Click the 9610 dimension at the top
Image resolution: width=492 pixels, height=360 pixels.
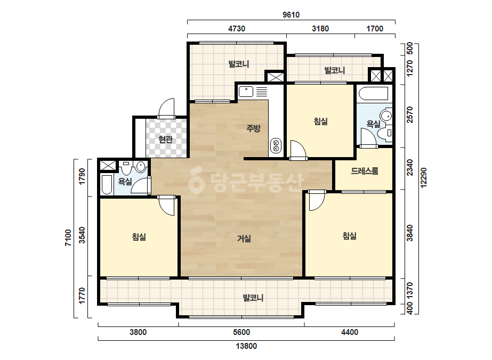point(291,15)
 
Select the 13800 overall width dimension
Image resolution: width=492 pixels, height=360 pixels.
point(246,346)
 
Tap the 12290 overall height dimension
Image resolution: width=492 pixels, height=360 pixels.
point(424,178)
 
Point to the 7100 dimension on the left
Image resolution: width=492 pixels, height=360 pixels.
point(68,238)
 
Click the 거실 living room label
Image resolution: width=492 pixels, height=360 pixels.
point(244,239)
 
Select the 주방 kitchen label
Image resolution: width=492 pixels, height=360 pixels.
point(253,128)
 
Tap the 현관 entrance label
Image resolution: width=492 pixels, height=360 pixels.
point(165,139)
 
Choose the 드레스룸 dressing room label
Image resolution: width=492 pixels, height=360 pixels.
point(364,171)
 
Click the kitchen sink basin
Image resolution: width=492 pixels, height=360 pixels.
point(246,92)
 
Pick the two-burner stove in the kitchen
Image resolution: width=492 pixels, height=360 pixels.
point(276,145)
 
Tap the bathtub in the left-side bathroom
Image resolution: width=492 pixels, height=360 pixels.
point(107,185)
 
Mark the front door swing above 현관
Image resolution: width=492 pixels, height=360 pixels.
point(166,109)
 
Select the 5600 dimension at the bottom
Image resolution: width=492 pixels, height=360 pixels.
point(241,332)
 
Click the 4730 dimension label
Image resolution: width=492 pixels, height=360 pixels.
point(237,29)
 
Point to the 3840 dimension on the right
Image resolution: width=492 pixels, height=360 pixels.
point(410,233)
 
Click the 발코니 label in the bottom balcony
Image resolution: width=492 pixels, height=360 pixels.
point(253,298)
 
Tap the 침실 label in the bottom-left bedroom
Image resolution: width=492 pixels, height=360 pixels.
point(139,237)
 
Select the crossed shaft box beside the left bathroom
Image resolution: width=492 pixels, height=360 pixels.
point(108,165)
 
